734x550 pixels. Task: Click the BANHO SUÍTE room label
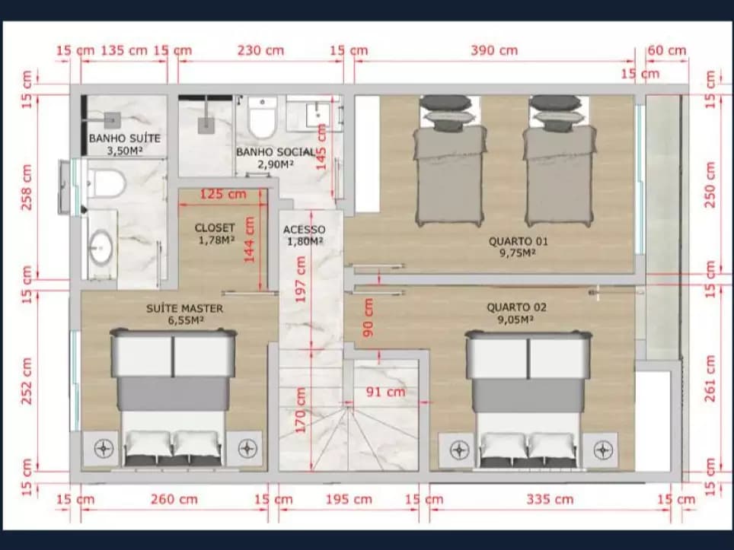125,138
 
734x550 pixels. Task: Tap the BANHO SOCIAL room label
276,152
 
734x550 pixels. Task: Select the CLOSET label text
215,227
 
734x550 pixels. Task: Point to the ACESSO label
305,230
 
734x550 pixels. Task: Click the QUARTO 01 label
519,241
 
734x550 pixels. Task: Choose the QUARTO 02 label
516,308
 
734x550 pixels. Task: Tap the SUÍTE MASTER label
184,309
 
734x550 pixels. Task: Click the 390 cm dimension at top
494,50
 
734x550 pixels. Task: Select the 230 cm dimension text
260,50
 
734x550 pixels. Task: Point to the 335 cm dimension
550,500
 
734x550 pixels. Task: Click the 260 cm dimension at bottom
174,500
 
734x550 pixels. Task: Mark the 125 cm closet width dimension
223,194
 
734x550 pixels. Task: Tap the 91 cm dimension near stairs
386,392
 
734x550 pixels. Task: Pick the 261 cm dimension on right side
710,379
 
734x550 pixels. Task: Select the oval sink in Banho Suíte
101,246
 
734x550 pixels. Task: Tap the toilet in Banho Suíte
107,183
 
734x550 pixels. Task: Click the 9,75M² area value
518,253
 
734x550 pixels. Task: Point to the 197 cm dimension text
301,280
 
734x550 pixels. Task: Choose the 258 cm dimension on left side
27,187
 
